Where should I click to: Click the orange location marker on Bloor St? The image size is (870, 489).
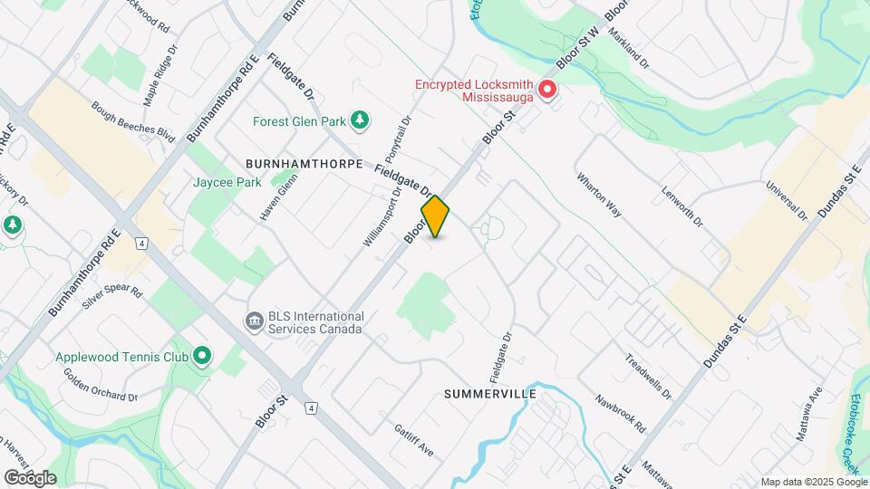(x=436, y=216)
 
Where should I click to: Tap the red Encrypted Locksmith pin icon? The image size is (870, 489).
(x=547, y=90)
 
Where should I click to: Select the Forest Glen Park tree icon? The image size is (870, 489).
(x=361, y=119)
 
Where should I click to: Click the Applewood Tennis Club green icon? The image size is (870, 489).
(x=202, y=356)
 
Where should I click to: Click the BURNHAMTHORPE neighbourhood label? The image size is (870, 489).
(x=304, y=164)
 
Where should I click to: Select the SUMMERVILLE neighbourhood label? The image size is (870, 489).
(x=490, y=395)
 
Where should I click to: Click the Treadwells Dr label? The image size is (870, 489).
(x=649, y=376)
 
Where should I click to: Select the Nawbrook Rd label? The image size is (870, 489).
(x=620, y=412)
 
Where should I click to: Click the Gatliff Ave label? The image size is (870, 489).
(x=414, y=438)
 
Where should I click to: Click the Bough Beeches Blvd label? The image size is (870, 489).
(x=132, y=121)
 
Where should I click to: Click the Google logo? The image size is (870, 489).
(x=30, y=477)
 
